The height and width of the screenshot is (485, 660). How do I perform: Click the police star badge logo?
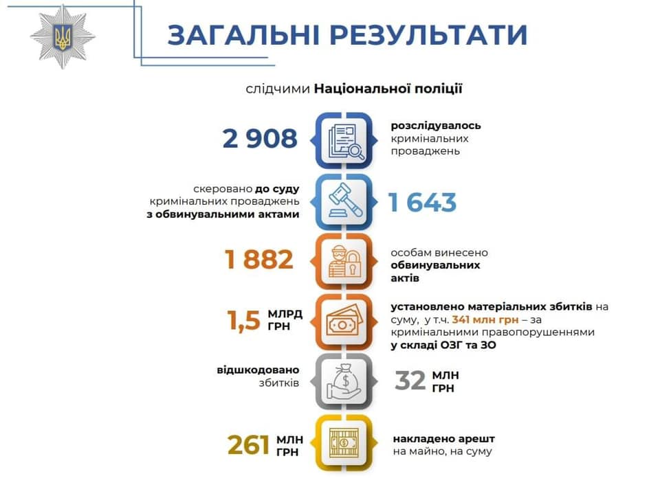click(63, 36)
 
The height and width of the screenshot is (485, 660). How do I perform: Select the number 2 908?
click(260, 138)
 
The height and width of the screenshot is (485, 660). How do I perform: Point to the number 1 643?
click(422, 203)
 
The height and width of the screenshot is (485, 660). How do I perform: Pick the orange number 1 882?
click(259, 259)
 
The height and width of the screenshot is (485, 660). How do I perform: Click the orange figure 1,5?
click(243, 321)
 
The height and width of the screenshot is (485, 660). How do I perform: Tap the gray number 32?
click(410, 381)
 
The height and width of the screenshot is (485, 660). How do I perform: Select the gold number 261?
click(248, 444)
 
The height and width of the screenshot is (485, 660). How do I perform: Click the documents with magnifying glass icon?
click(344, 141)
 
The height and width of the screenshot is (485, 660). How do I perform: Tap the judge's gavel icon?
click(344, 201)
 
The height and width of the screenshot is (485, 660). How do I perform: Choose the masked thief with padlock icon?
click(344, 262)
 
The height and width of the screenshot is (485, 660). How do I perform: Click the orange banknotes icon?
click(344, 322)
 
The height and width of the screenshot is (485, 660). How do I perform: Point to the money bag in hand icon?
click(344, 381)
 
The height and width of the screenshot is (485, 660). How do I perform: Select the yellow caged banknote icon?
click(344, 442)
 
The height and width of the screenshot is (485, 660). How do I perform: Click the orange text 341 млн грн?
click(485, 319)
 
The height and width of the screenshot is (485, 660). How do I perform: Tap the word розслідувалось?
click(436, 126)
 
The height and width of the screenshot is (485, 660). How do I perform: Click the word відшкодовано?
click(258, 370)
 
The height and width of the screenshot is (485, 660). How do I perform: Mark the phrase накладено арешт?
click(443, 439)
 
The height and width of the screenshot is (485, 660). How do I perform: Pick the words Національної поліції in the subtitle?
click(388, 89)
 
